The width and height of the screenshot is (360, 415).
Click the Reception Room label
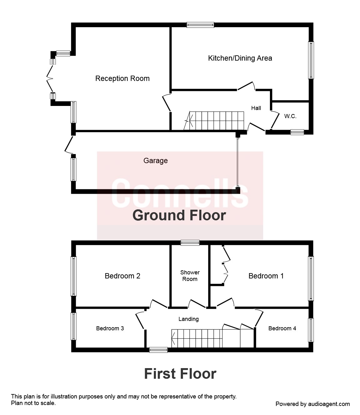pyautogui.click(x=122, y=78)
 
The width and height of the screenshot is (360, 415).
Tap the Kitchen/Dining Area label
pyautogui.click(x=240, y=58)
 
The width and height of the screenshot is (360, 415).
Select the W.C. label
pyautogui.click(x=290, y=116)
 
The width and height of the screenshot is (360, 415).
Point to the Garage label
pyautogui.click(x=155, y=161)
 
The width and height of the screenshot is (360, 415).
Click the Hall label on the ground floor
pyautogui.click(x=256, y=108)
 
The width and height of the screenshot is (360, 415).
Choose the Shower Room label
pyautogui.click(x=190, y=276)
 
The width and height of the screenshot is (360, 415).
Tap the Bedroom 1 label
pyautogui.click(x=266, y=276)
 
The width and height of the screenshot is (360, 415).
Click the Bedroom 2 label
pyautogui.click(x=122, y=276)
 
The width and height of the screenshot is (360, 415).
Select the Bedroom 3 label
pyautogui.click(x=110, y=328)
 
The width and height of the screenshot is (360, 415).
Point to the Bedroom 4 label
pyautogui.click(x=282, y=328)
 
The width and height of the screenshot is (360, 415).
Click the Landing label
pyautogui.click(x=188, y=319)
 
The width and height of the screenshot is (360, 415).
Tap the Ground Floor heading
pyautogui.click(x=179, y=215)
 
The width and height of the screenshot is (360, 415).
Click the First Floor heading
pyautogui.click(x=180, y=373)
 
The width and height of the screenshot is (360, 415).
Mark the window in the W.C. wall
pyautogui.click(x=297, y=132)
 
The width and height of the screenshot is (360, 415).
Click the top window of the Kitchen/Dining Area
pyautogui.click(x=200, y=25)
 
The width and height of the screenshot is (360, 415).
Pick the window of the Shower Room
pyautogui.click(x=190, y=242)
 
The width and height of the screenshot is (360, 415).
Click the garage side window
pyautogui.click(x=74, y=169)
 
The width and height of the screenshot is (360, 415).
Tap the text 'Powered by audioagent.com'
pyautogui.click(x=312, y=404)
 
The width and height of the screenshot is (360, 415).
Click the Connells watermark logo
pyautogui.click(x=180, y=194)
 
